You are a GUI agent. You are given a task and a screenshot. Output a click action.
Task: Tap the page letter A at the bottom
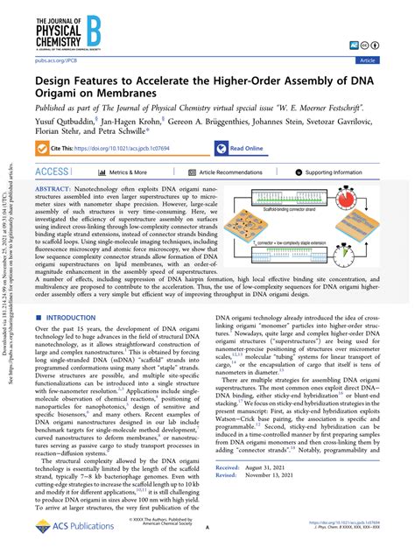click(x=207, y=529)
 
